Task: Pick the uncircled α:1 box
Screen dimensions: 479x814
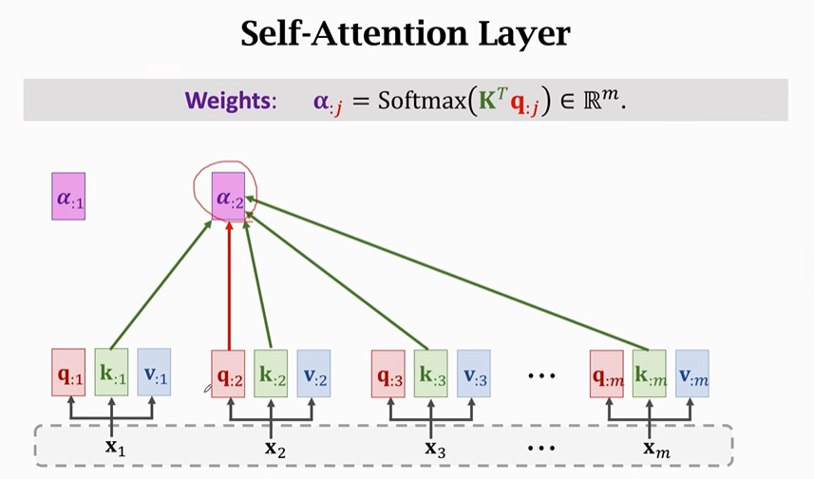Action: [68, 196]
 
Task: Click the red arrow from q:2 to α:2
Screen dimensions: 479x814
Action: [229, 285]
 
